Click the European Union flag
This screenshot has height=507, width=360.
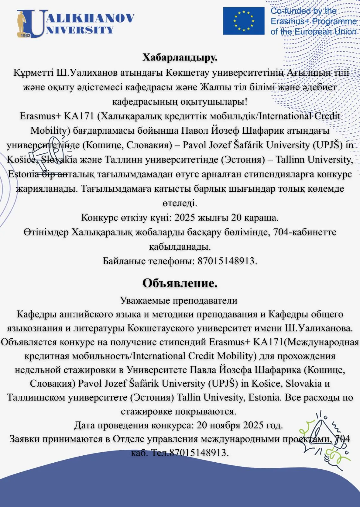[244, 21]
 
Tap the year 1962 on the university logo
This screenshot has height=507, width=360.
[25, 35]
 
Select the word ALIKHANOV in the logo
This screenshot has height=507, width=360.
[90, 18]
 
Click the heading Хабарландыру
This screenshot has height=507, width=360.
[180, 57]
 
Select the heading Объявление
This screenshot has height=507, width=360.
[180, 283]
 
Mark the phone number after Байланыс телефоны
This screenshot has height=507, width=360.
[226, 261]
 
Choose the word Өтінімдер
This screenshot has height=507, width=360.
[46, 232]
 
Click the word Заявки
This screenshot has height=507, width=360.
[25, 439]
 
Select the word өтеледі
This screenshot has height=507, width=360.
[180, 203]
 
